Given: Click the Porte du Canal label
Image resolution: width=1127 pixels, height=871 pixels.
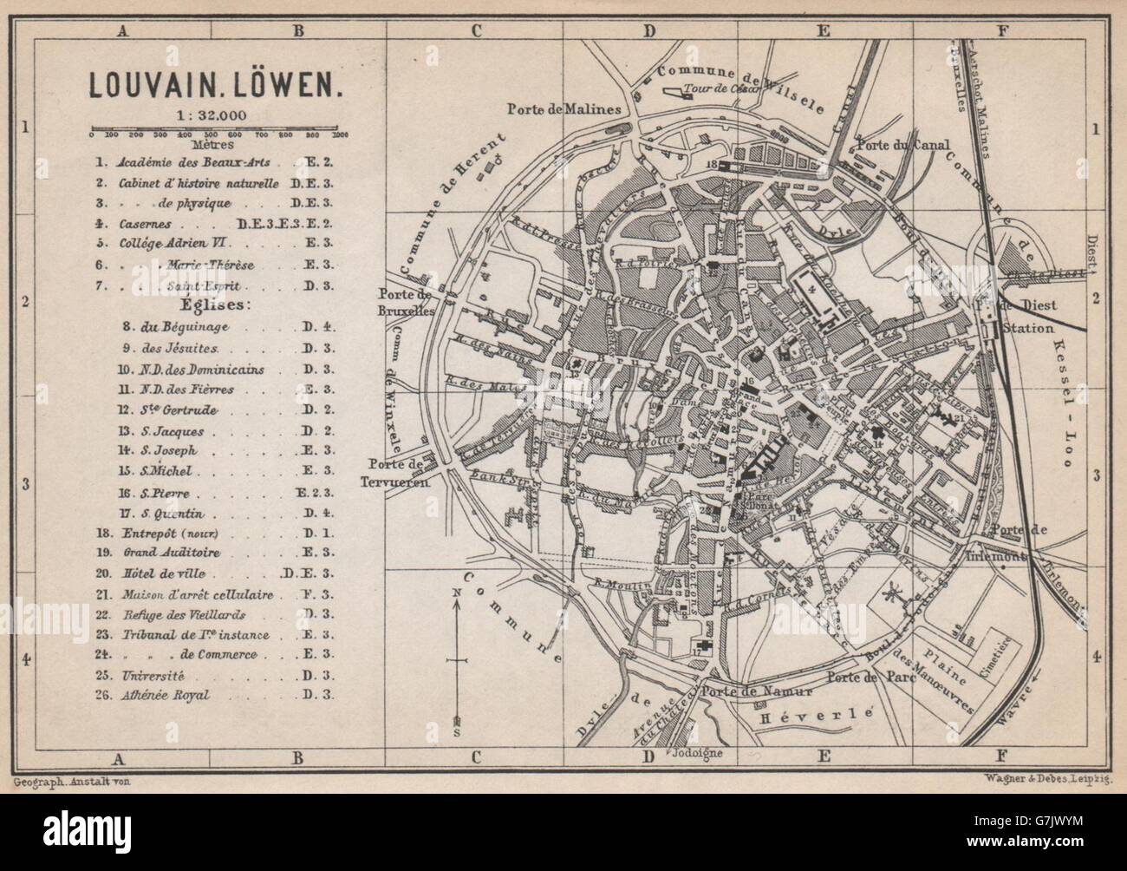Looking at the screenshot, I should (903, 145).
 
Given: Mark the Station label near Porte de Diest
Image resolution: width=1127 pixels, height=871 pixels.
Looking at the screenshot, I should (1027, 329).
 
